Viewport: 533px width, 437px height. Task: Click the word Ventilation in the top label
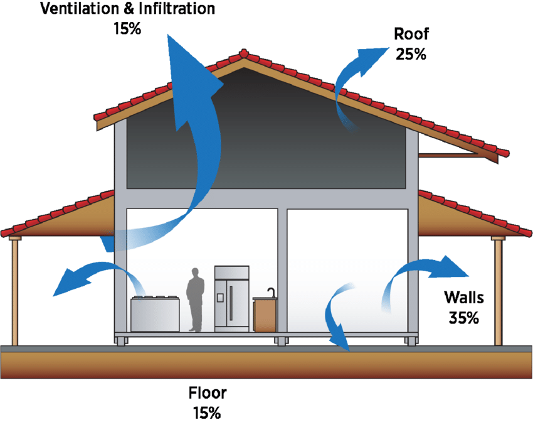tap(80, 9)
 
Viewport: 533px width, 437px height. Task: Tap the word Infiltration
tap(177, 9)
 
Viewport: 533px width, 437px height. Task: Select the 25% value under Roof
tap(411, 54)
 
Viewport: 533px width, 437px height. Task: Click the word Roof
tap(411, 34)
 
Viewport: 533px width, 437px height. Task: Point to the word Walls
tap(464, 298)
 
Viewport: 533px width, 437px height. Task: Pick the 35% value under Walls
tap(463, 318)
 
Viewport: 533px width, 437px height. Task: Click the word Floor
tap(208, 393)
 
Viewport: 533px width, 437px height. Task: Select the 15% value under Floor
tap(207, 413)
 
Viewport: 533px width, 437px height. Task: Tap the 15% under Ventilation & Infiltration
tap(127, 29)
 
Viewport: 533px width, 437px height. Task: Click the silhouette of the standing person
tap(195, 299)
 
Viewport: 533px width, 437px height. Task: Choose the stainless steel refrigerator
tap(231, 298)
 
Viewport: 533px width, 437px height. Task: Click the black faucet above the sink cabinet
tap(272, 293)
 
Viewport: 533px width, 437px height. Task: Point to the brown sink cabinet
tap(265, 315)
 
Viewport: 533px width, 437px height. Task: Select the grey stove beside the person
tap(155, 314)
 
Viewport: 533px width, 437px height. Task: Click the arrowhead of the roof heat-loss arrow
tap(372, 60)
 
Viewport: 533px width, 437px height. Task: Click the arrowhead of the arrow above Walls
tap(449, 267)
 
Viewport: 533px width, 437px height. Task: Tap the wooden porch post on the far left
tap(14, 291)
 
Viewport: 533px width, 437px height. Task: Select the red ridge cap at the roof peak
tap(243, 53)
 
